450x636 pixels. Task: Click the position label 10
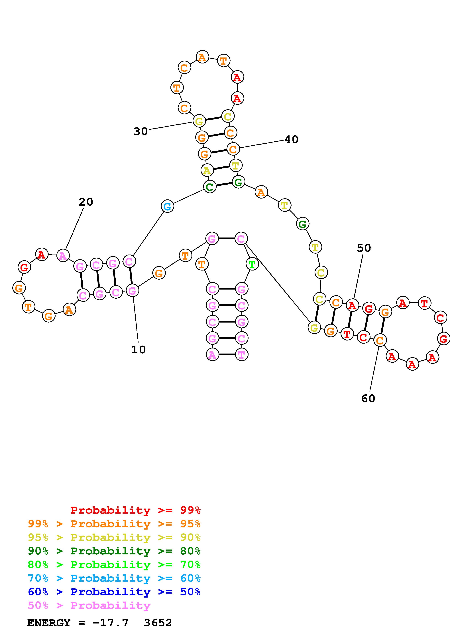[138, 350]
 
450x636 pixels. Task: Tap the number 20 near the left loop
[86, 202]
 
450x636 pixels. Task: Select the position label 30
[141, 131]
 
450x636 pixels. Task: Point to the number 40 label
[291, 139]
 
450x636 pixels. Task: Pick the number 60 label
[368, 398]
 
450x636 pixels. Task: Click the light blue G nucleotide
[168, 206]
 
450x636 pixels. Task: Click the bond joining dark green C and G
[224, 184]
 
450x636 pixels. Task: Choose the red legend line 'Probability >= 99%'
[136, 510]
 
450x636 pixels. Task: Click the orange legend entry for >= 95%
[114, 524]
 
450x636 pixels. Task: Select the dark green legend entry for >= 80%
[114, 551]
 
